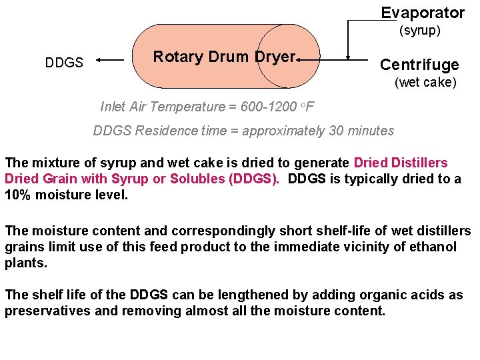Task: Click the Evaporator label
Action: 423,13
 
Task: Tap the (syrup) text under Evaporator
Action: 420,31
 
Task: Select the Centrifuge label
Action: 419,65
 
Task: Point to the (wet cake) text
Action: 425,83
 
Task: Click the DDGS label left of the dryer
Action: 64,63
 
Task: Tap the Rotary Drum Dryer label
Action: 224,57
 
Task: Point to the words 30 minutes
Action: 361,131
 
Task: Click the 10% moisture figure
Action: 21,196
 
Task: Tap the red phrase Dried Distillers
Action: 401,163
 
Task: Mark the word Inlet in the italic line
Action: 113,107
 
